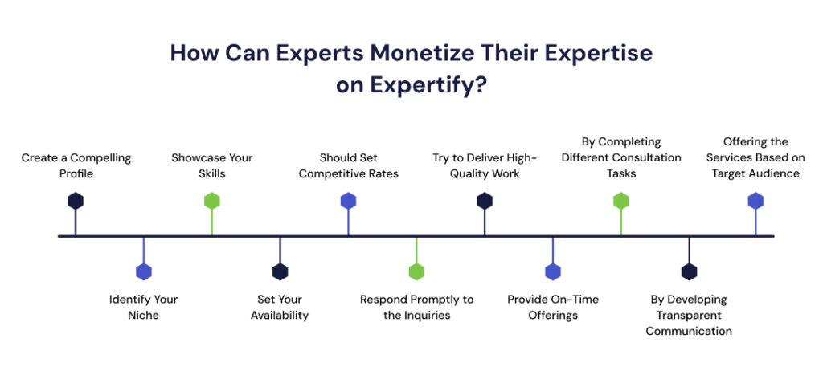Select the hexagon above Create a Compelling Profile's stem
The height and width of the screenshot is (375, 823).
point(76,201)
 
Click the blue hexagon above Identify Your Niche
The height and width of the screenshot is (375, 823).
point(144,271)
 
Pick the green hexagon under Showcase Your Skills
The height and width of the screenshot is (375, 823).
point(211,201)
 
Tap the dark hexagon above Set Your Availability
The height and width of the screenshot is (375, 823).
point(280,271)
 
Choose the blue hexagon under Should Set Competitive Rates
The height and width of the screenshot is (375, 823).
point(348,201)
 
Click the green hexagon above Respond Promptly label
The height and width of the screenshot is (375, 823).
point(416,271)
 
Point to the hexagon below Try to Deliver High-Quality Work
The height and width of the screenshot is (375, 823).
point(485,201)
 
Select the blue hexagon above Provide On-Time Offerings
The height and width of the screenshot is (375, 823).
point(553,271)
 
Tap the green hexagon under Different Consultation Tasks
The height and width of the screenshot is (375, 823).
point(620,201)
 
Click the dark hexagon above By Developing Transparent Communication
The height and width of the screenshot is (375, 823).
point(689,271)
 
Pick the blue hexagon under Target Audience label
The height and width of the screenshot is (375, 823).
point(755,201)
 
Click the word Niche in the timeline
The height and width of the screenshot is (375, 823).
point(144,316)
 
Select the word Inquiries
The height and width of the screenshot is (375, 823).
point(428,316)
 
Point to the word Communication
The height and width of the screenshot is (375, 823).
point(689,331)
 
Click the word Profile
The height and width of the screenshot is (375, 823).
point(76,173)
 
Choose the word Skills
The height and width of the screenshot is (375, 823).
point(211,173)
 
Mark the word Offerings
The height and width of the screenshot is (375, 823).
point(553,316)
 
